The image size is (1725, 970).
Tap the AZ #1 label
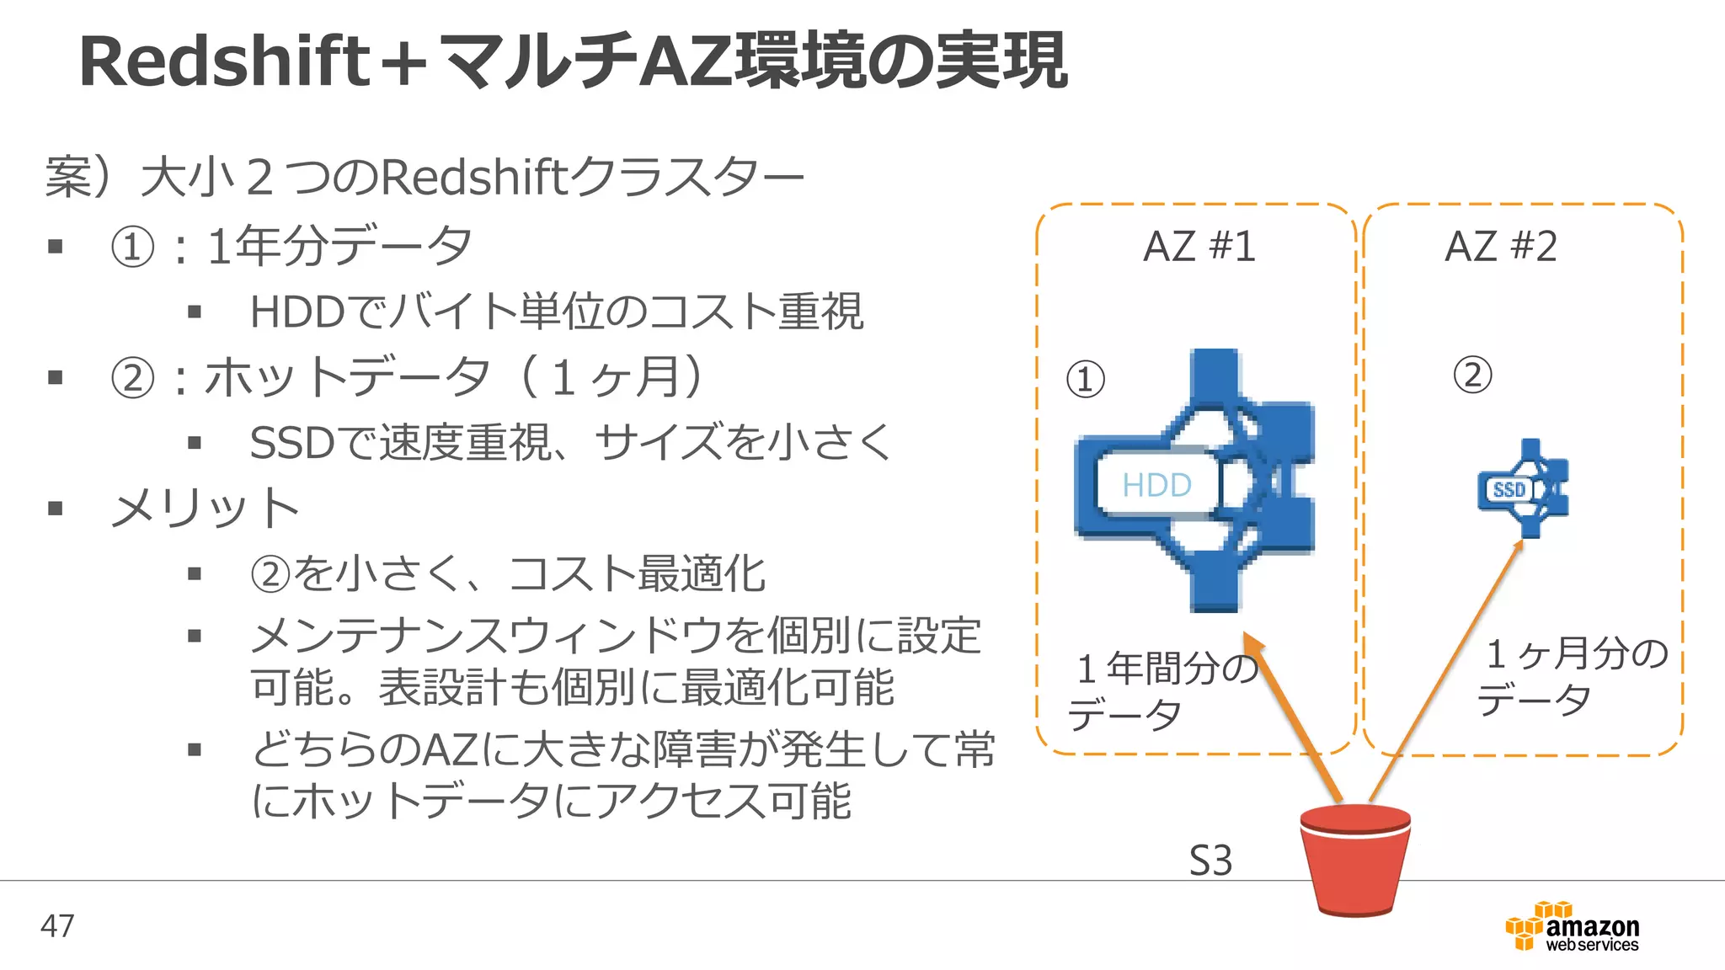point(1199,247)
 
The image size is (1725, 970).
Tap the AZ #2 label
point(1500,247)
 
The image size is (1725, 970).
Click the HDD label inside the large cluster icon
point(1156,485)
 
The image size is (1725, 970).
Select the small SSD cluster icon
point(1524,488)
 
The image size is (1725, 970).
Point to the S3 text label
point(1210,861)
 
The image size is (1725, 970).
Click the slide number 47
point(57,926)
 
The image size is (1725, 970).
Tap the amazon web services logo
point(1573,928)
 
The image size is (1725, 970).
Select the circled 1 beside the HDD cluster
point(1085,379)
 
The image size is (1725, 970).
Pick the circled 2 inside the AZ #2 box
point(1472,375)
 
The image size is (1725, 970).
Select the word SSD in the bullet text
point(292,443)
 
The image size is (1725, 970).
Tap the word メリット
point(206,509)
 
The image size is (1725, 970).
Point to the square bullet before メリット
point(56,509)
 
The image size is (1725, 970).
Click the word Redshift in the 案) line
point(475,178)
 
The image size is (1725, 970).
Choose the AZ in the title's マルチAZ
point(687,62)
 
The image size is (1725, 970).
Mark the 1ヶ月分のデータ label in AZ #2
point(1571,676)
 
